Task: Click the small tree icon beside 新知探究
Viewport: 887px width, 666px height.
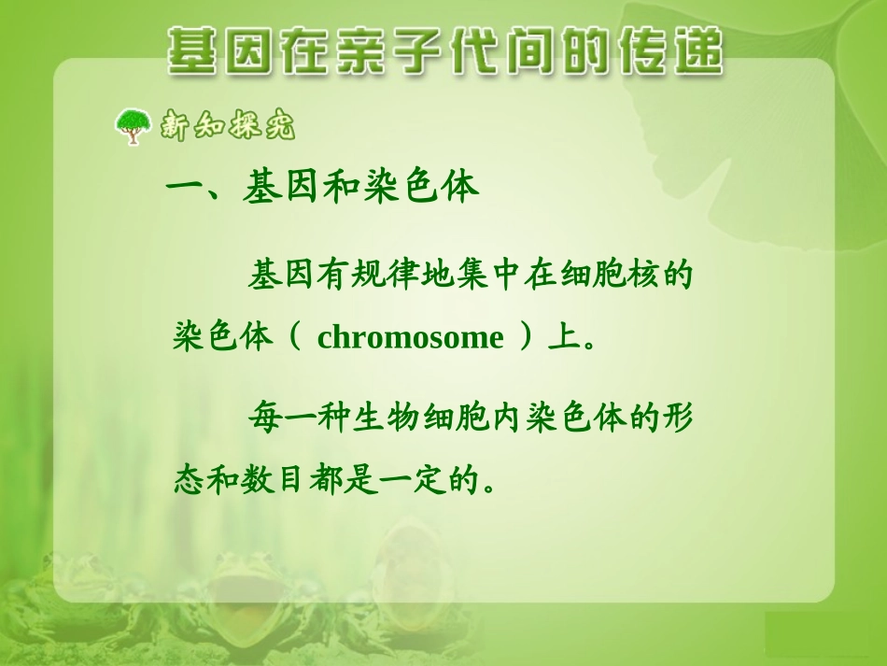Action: pos(132,126)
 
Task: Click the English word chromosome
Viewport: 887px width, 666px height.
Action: pos(410,337)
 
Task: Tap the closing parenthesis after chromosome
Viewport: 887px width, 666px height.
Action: pos(528,337)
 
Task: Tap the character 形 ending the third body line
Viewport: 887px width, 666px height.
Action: pos(675,418)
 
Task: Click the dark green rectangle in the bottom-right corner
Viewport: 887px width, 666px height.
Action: pos(825,639)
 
